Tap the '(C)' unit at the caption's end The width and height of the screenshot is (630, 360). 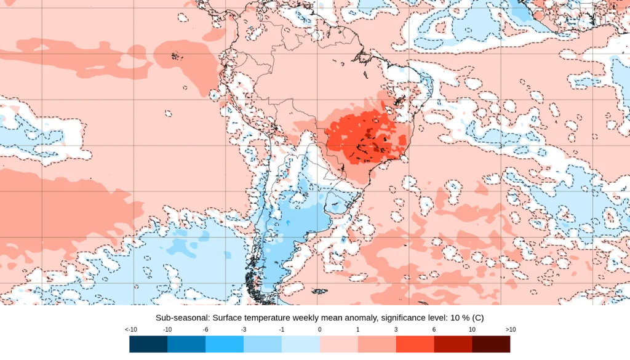point(477,318)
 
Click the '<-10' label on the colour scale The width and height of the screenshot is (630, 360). point(130,330)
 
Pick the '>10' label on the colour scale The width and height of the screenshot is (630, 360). point(510,330)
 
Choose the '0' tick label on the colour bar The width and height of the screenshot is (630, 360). point(320,330)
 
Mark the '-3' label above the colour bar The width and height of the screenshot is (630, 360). point(244,330)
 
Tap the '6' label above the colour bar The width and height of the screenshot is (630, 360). point(434,330)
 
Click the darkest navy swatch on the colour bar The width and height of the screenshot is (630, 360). point(148,343)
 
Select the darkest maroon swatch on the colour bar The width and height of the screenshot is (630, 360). point(491,343)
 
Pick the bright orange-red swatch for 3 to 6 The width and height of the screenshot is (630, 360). point(415,343)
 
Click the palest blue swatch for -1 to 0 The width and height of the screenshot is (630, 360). point(301,343)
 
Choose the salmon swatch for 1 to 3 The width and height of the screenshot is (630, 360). point(377,343)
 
